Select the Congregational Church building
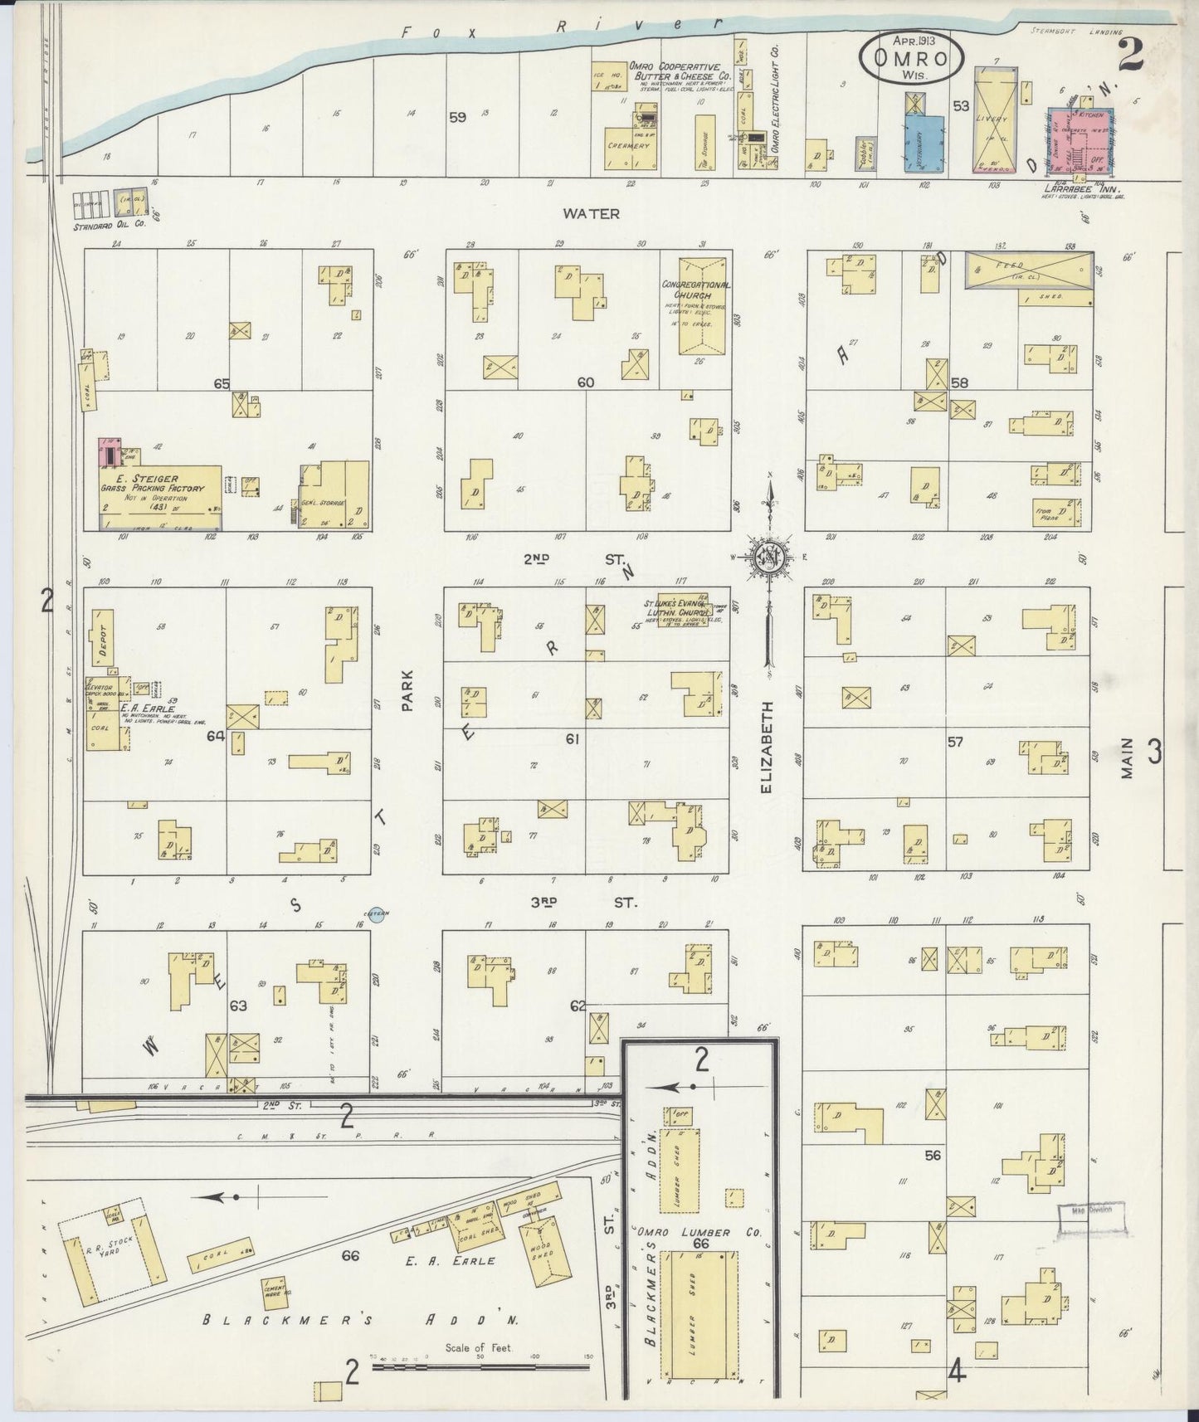[696, 306]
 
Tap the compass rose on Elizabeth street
[771, 557]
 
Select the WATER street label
[591, 214]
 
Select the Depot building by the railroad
[105, 638]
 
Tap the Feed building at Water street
[1026, 270]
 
